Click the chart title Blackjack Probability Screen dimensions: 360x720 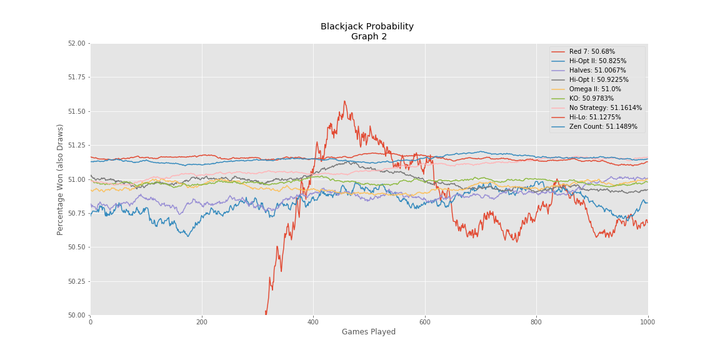367,27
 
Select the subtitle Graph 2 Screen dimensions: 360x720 369,37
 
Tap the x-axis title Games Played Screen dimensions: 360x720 368,332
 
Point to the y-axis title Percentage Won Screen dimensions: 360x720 61,179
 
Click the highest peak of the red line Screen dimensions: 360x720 344,101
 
